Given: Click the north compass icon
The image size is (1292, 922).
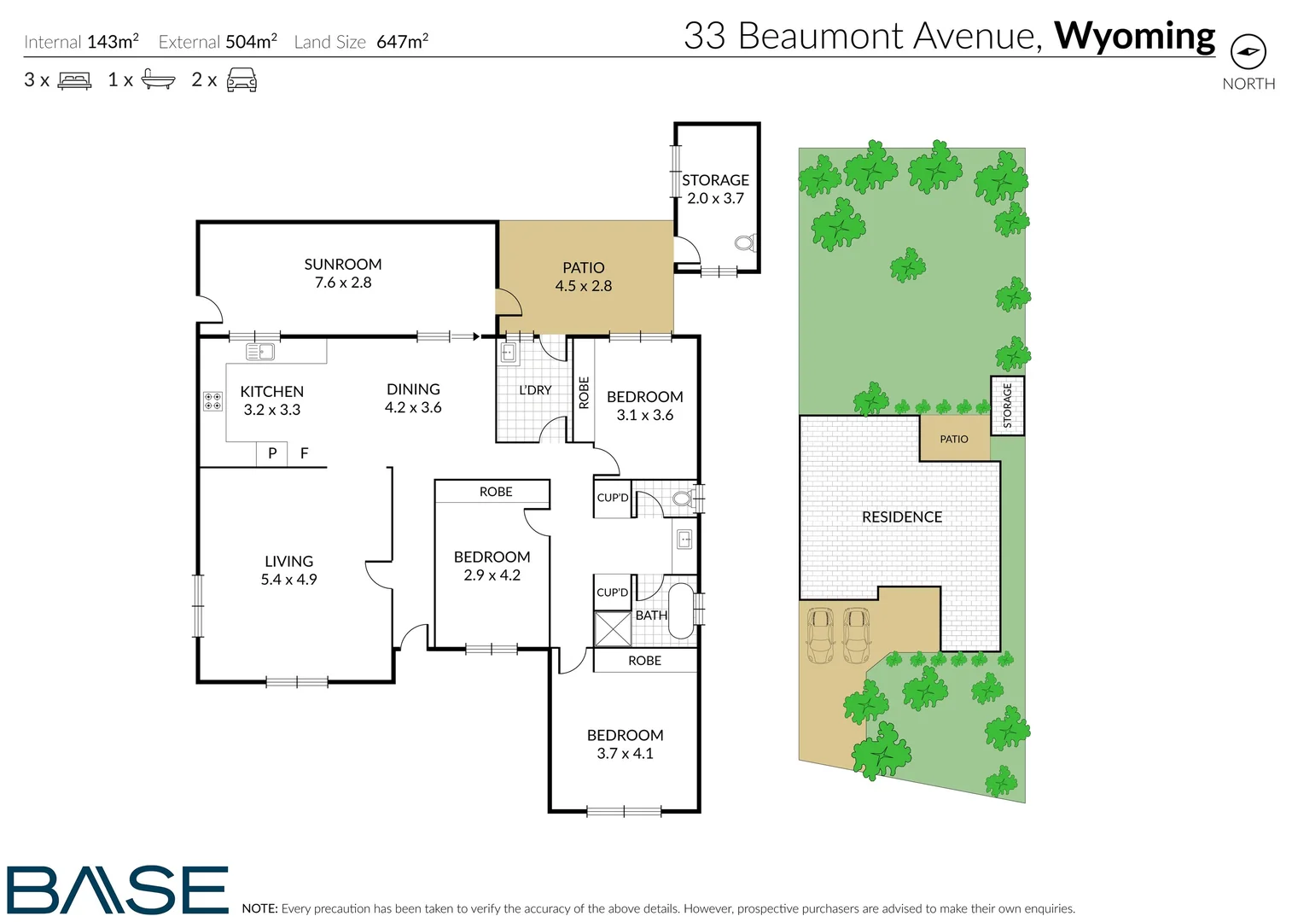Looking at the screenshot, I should (x=1248, y=52).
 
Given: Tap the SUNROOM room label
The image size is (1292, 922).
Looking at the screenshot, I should (x=343, y=265).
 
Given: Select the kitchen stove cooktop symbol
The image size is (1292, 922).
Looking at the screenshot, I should (x=212, y=401).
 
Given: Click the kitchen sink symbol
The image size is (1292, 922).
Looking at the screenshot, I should (x=259, y=352).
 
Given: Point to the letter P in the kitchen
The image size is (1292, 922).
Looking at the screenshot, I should (x=272, y=453).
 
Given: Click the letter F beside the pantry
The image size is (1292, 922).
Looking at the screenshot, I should (x=304, y=453).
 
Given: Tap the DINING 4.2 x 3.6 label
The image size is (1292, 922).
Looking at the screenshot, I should (x=413, y=399).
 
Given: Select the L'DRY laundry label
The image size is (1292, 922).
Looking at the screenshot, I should (x=535, y=390).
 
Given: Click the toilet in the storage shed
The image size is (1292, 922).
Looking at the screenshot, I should (x=744, y=243).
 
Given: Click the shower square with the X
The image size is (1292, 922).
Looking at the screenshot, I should (x=613, y=628).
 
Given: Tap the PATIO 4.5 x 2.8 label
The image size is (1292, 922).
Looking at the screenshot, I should (x=584, y=277).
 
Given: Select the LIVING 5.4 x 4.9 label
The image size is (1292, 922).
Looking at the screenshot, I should (x=288, y=570).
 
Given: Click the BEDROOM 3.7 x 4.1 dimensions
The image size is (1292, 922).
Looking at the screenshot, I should (x=625, y=754).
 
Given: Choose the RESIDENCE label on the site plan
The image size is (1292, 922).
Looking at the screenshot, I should (x=902, y=517).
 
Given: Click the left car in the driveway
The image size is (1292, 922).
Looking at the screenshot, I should (x=820, y=635).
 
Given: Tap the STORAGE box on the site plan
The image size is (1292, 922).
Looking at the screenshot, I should (x=1007, y=406).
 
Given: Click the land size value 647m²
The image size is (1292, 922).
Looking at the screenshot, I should (x=402, y=41).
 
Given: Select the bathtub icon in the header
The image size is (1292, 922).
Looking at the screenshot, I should (x=158, y=79).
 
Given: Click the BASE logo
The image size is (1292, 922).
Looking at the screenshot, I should (x=118, y=890).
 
